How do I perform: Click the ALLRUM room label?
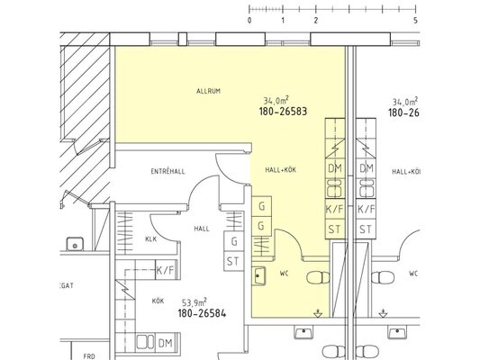[x=208, y=91]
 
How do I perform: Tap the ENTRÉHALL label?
[x=168, y=171]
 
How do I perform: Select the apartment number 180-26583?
[x=283, y=112]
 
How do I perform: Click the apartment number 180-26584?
[x=202, y=313]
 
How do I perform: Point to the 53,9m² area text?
[x=195, y=302]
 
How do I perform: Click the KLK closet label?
[x=151, y=239]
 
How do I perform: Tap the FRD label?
[x=89, y=356]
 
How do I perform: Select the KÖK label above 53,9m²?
[x=158, y=301]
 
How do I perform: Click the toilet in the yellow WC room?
[x=318, y=278]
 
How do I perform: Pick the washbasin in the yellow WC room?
[x=258, y=276]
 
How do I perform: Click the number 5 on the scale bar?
[x=415, y=21]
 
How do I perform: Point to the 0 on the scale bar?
[x=249, y=21]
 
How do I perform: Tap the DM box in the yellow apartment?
[x=335, y=168]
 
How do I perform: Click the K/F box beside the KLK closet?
[x=165, y=270]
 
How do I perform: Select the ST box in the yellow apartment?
[x=335, y=229]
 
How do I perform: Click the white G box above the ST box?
[x=234, y=241]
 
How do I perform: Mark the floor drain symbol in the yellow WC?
[x=318, y=313]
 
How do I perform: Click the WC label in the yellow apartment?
[x=284, y=274]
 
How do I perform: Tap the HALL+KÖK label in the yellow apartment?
[x=281, y=170]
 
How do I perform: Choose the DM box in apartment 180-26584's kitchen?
[x=166, y=343]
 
